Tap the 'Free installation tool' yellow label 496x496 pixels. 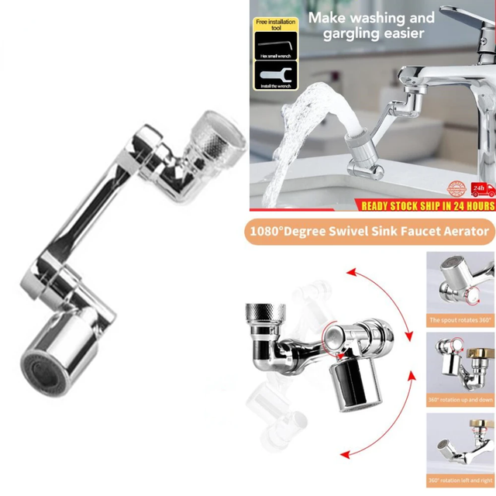277,24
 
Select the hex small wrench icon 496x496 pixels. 276,49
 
